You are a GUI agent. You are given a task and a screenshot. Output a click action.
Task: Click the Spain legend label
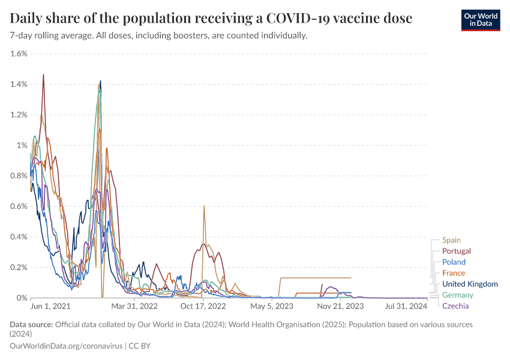(451, 240)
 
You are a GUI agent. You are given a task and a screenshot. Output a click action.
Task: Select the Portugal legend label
(456, 251)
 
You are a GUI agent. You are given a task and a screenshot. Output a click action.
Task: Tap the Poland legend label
(454, 262)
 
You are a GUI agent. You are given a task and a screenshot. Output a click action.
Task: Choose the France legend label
(453, 273)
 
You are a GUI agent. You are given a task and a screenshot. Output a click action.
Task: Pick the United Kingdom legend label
(470, 284)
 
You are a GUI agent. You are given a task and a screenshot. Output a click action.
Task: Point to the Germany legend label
(457, 295)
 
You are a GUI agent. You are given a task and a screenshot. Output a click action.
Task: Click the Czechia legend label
(455, 306)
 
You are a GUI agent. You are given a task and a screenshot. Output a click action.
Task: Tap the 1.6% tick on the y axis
(19, 53)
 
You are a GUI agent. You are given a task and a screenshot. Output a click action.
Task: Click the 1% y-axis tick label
(22, 145)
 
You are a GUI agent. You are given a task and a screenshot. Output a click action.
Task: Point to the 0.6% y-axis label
(19, 206)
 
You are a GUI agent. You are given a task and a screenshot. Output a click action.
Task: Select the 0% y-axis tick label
(22, 298)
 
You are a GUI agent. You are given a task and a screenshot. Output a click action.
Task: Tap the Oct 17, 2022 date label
(203, 306)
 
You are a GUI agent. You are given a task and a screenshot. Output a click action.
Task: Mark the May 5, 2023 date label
(272, 306)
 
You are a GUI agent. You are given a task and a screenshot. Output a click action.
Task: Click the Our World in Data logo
(480, 20)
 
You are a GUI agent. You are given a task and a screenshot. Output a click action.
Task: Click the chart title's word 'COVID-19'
(312, 18)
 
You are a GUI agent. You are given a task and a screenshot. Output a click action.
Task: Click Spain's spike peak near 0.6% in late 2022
(204, 206)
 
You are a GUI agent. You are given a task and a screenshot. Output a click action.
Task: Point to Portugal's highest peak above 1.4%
(43, 74)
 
